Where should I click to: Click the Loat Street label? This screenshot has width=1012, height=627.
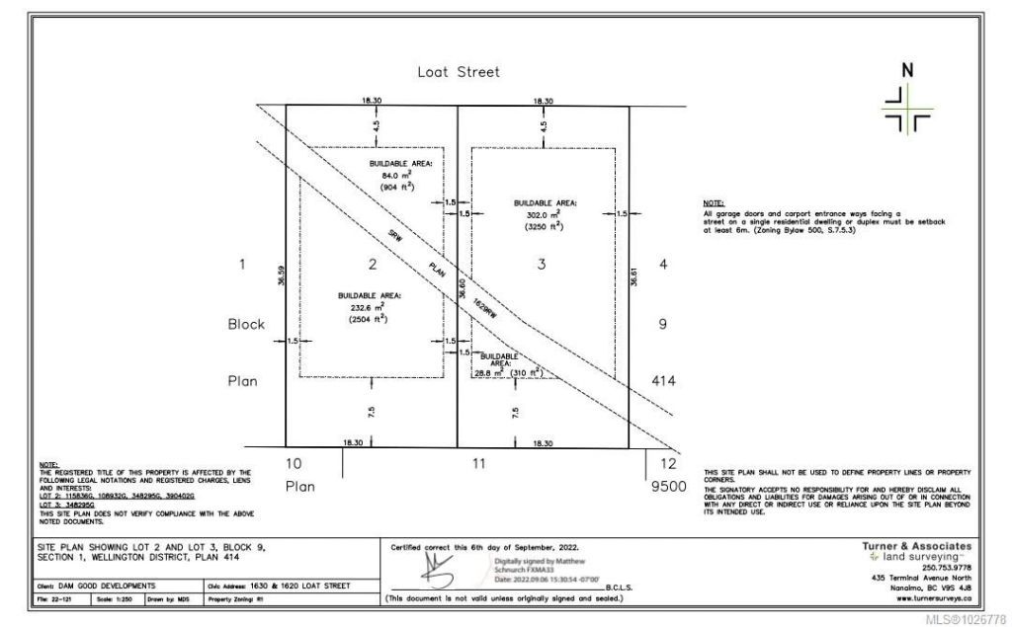tap(458, 72)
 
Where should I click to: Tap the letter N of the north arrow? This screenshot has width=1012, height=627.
tap(907, 70)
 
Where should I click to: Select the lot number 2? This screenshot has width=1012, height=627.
tap(372, 264)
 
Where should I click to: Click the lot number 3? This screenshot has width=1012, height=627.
tap(541, 264)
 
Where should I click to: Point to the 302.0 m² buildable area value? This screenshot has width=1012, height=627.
tap(543, 213)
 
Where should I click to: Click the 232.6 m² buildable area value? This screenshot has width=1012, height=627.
tap(366, 307)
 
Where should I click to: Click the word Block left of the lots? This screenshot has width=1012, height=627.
tap(246, 324)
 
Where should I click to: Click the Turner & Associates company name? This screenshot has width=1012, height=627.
tap(916, 546)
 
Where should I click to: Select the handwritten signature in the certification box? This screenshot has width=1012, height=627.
tap(440, 567)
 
